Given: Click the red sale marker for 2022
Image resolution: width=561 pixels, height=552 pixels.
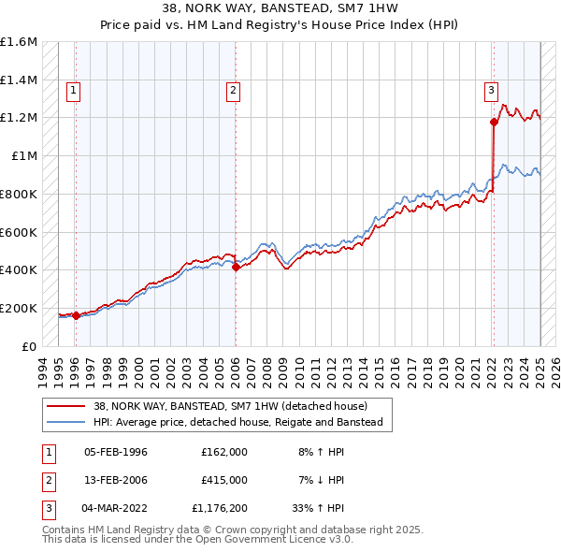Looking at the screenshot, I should tap(493, 122).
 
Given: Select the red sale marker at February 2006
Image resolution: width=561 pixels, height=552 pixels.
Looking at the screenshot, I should tap(236, 268).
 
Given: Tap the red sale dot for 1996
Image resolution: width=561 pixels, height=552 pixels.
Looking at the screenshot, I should tap(76, 315).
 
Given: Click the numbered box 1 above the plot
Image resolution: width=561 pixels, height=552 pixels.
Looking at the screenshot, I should tap(73, 91).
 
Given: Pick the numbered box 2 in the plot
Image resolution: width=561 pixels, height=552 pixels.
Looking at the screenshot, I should tap(233, 91).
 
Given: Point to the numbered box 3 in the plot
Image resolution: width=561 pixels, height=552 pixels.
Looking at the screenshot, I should tap(490, 91).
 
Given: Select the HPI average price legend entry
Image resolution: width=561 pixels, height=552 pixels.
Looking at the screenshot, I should tap(238, 422).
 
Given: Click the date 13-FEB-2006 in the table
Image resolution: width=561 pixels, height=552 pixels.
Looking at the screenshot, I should tap(116, 480).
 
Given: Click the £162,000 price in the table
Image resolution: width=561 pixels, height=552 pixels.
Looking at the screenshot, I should tap(224, 451).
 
